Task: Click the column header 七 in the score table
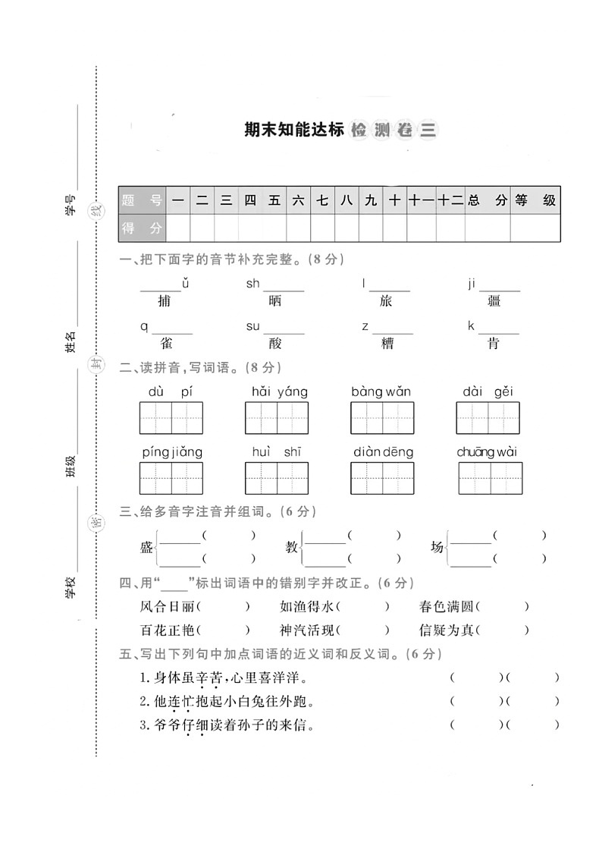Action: click(322, 201)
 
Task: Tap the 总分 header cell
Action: click(487, 201)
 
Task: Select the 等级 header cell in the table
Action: click(535, 201)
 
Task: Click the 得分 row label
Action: click(142, 228)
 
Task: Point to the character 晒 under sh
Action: click(274, 301)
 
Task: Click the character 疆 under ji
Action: click(494, 301)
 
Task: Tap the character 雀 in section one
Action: click(166, 344)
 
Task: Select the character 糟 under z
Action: click(387, 344)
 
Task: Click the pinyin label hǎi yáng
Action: click(280, 391)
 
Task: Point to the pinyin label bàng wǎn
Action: click(381, 391)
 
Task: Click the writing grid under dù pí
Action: click(171, 418)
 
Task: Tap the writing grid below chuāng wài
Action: click(490, 478)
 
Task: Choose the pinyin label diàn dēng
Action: click(383, 452)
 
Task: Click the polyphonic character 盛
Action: click(146, 548)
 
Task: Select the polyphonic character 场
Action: click(437, 548)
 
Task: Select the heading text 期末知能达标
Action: click(289, 130)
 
